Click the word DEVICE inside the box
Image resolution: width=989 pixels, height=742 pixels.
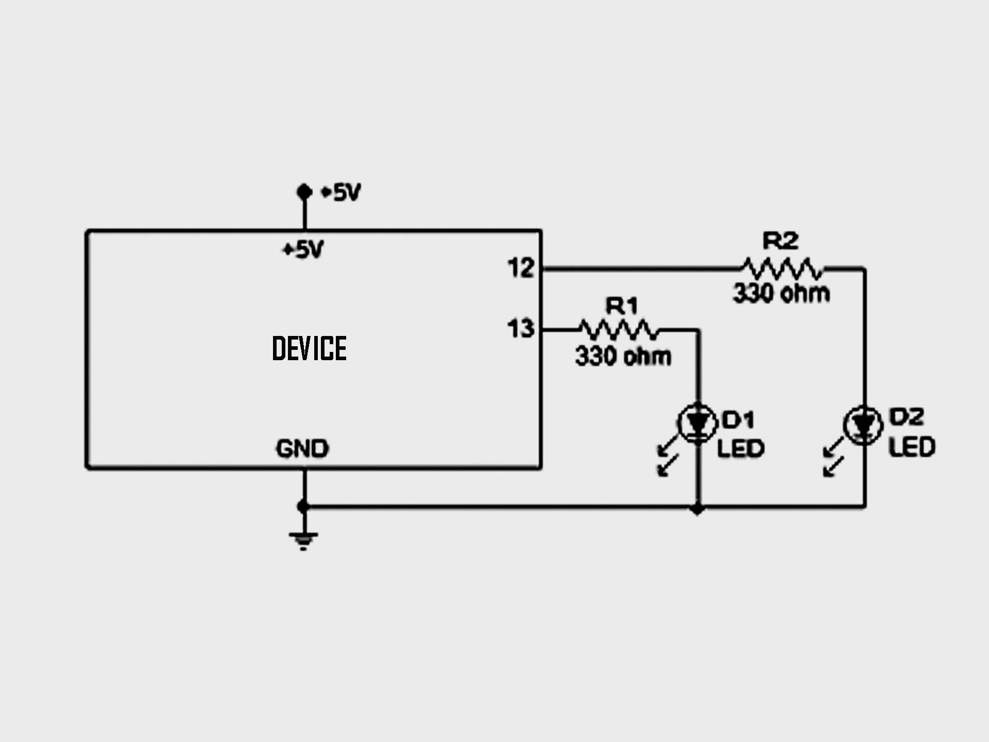pos(309,348)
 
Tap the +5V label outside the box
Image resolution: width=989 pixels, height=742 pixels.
pos(341,193)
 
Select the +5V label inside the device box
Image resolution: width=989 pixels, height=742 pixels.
pos(303,250)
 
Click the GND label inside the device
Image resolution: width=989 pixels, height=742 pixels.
pos(302,449)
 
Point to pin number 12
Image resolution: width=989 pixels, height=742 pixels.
pos(521,268)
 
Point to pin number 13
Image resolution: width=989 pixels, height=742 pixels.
pos(521,329)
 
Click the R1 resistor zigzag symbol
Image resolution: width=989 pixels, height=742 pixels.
pos(618,329)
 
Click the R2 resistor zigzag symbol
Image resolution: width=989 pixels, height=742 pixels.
pos(782,268)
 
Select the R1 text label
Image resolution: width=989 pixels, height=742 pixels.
pos(622,306)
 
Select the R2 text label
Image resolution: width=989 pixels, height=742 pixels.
pos(780,241)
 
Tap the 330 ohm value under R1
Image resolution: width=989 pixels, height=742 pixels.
pos(623,356)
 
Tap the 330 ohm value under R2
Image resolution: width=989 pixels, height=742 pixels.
pos(781,293)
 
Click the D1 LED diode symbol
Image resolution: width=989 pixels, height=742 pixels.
pos(697,424)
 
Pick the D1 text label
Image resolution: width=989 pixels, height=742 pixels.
pos(739,420)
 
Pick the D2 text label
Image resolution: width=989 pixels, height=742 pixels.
pos(907,417)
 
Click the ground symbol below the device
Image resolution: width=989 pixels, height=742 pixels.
pos(303,540)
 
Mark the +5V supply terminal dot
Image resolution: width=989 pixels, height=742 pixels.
pos(304,192)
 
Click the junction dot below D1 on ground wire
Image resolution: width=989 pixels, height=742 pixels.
pos(697,509)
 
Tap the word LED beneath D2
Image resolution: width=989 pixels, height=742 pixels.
pos(912,447)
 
